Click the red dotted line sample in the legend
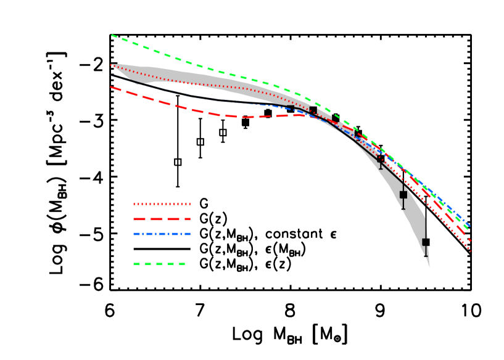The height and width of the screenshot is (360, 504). [162, 204]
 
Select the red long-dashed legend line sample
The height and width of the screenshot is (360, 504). [162, 219]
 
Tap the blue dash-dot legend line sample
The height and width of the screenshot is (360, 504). [162, 234]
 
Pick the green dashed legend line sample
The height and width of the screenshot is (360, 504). [159, 264]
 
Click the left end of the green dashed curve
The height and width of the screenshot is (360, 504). [112, 35]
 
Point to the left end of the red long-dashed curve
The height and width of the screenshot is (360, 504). [112, 88]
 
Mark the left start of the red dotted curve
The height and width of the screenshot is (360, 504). [112, 65]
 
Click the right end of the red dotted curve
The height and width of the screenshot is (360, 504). [470, 250]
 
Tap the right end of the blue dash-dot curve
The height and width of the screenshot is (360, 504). [470, 226]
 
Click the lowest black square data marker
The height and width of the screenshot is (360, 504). [426, 242]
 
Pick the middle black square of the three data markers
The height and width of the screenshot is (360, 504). [403, 195]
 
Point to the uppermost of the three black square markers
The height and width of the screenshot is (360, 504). [381, 159]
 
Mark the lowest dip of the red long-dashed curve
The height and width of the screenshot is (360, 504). [244, 117]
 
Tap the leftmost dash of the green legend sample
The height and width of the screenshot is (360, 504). [136, 264]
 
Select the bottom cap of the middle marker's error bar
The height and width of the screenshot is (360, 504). [403, 209]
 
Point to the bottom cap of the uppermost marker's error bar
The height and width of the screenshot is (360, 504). [381, 168]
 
